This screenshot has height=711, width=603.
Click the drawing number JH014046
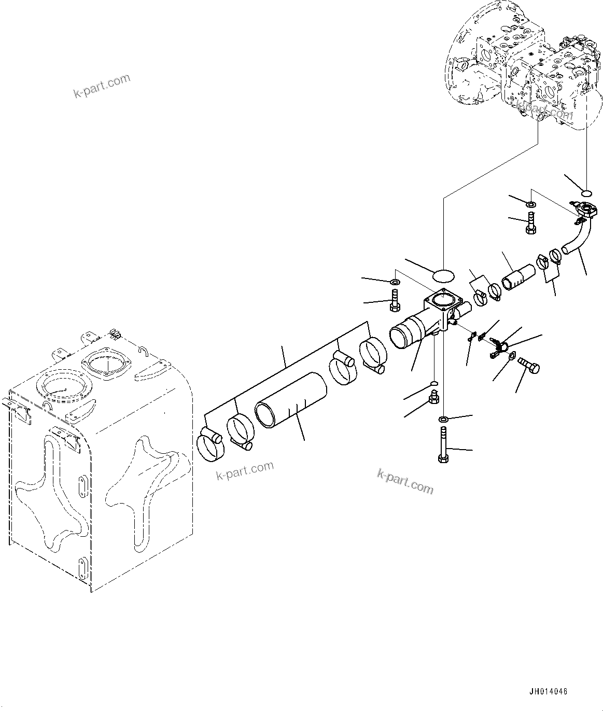(549, 692)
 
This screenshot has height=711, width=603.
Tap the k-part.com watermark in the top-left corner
(102, 86)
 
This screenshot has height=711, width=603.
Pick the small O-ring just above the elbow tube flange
(586, 194)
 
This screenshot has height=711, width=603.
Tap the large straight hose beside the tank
(291, 401)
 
